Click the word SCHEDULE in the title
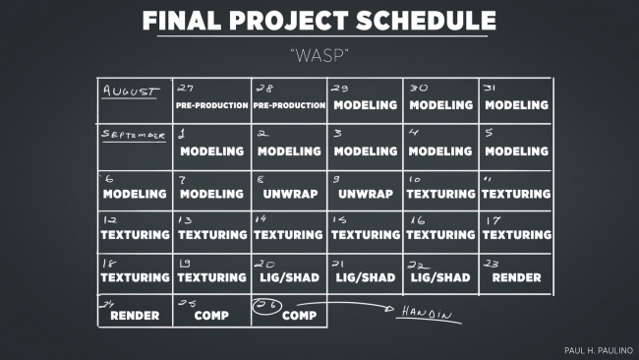[x=426, y=21]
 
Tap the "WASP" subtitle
[x=319, y=56]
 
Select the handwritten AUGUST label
[x=131, y=90]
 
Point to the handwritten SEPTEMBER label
[x=134, y=135]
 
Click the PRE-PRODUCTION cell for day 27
[x=212, y=100]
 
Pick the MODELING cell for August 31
[x=516, y=100]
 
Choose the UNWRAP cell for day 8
[x=290, y=191]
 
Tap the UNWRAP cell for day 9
[x=365, y=191]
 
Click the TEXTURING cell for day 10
[x=441, y=191]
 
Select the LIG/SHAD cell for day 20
[x=290, y=273]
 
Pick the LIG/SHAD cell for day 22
[x=441, y=273]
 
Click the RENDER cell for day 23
[x=516, y=273]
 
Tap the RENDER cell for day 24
[x=135, y=311]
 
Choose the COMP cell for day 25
[x=212, y=311]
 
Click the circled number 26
[x=267, y=306]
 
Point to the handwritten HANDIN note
[x=427, y=313]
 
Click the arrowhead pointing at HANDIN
[x=389, y=309]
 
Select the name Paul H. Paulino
[x=599, y=350]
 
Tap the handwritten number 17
[x=493, y=221]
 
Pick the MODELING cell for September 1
[x=212, y=147]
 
